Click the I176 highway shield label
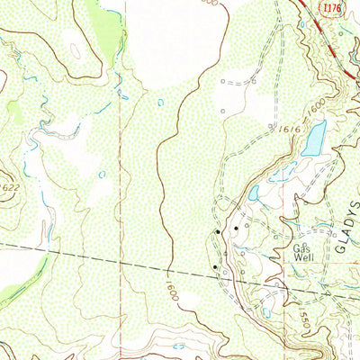pyautogui.click(x=333, y=8)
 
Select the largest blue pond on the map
pyautogui.click(x=313, y=139)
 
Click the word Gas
pyautogui.click(x=300, y=244)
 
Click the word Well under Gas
pyautogui.click(x=301, y=255)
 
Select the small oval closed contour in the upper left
pyautogui.click(x=75, y=53)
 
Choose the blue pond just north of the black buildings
pyautogui.click(x=254, y=193)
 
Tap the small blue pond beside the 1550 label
pyautogui.click(x=266, y=312)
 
